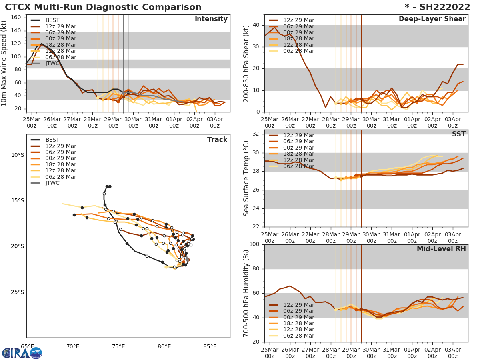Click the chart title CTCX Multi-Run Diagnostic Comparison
tap(103, 7)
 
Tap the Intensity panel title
tap(211, 19)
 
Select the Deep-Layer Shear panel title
tap(432, 19)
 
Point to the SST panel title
tap(459, 134)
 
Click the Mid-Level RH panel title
tap(441, 249)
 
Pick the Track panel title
tap(217, 140)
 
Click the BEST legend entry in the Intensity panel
tap(52, 20)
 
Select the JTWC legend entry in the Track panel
tap(52, 183)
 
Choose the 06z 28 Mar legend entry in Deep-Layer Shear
tap(298, 51)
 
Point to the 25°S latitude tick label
tap(17, 292)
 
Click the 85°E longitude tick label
tap(210, 347)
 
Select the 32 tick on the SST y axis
tap(256, 134)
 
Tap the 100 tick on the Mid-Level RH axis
tap(254, 244)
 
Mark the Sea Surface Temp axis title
tap(246, 178)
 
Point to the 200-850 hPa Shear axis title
tap(246, 63)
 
